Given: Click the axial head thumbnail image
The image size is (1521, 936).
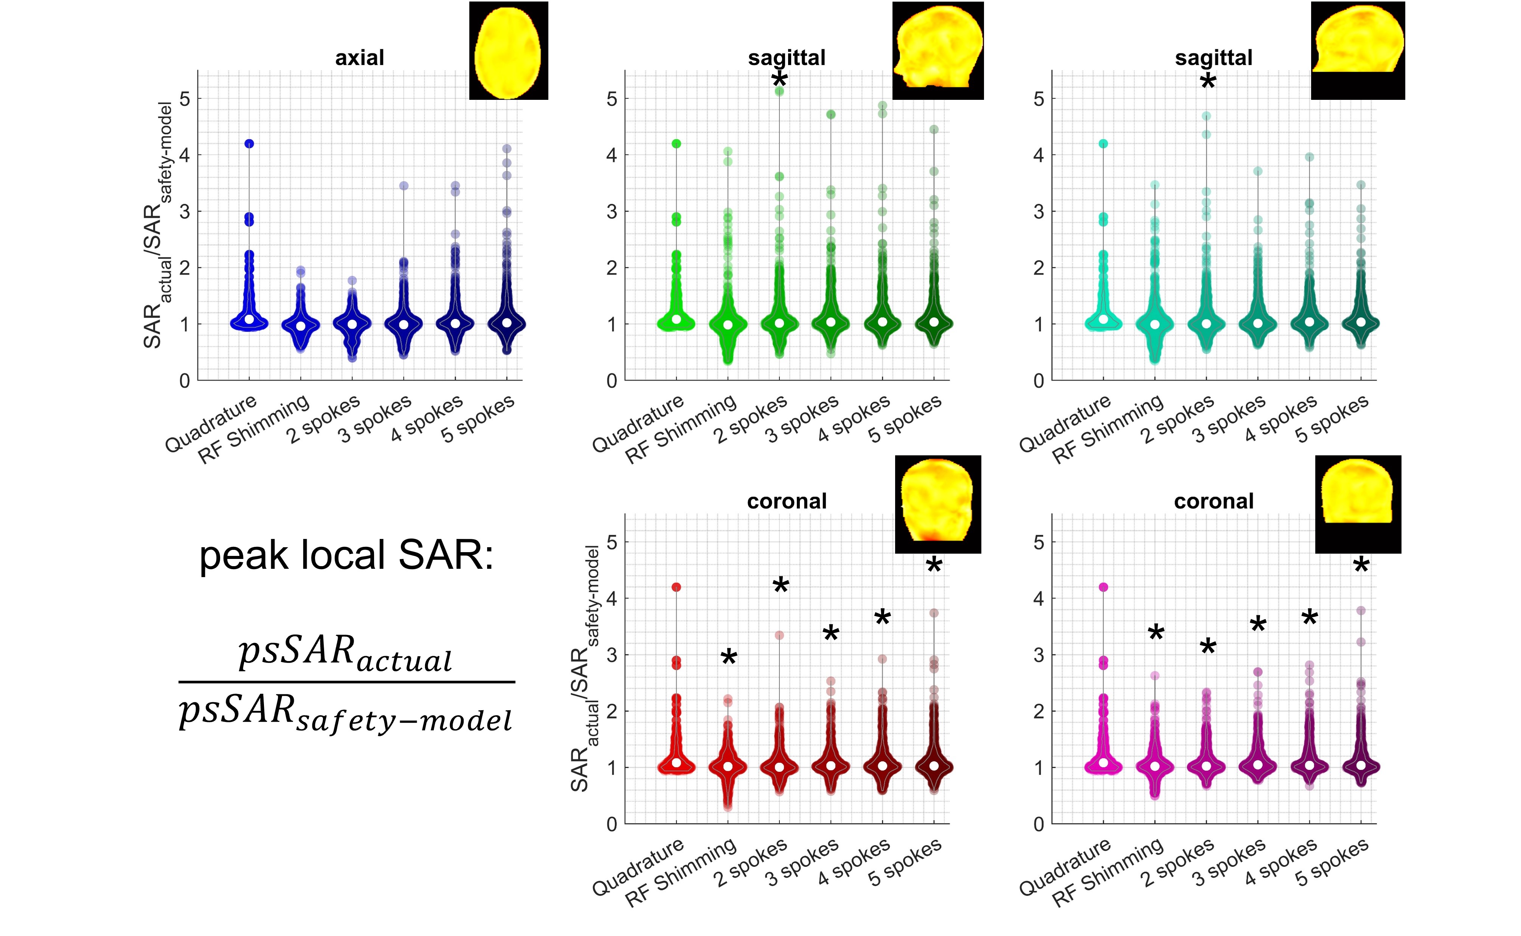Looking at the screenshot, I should pyautogui.click(x=508, y=51).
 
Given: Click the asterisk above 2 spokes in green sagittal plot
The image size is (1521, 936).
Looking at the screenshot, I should pyautogui.click(x=779, y=79).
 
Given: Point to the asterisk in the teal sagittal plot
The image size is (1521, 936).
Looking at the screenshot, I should pyautogui.click(x=1208, y=81).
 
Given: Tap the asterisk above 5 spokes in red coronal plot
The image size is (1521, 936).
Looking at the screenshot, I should pyautogui.click(x=934, y=565).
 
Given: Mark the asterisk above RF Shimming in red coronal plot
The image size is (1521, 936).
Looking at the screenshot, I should pyautogui.click(x=729, y=657).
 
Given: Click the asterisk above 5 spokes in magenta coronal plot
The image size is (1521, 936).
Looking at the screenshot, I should pyautogui.click(x=1361, y=565).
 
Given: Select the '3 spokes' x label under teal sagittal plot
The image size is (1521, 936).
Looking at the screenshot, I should pyautogui.click(x=1229, y=420).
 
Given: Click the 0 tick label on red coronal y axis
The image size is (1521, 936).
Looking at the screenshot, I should pyautogui.click(x=612, y=824).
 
